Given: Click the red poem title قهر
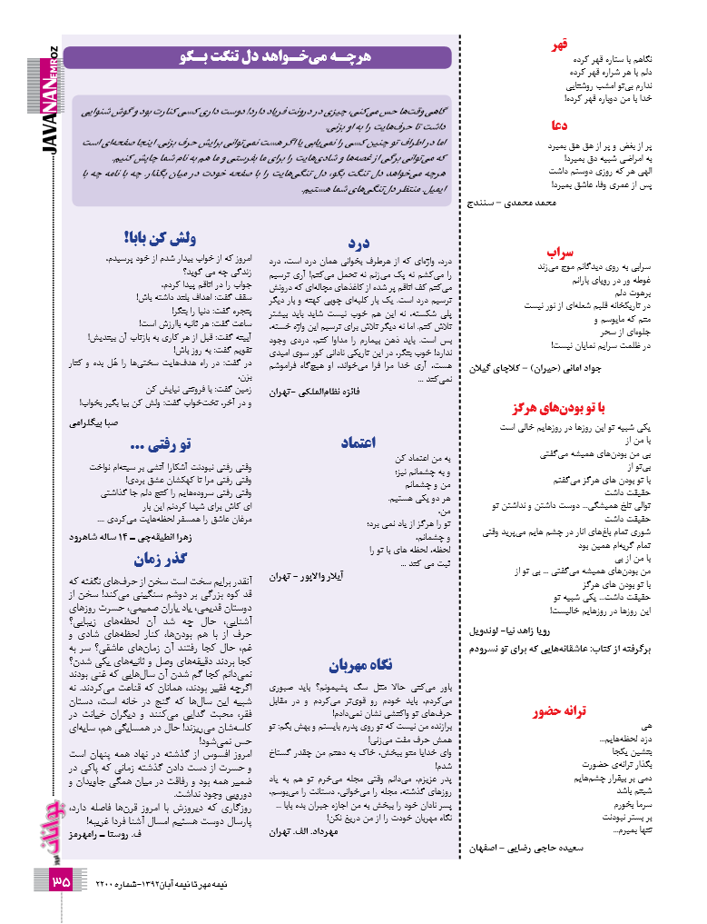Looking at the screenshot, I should [x=561, y=45].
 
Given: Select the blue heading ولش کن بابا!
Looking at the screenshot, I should [x=159, y=239].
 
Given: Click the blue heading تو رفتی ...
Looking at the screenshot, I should [x=161, y=445].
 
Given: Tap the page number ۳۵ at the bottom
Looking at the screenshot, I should [x=60, y=881].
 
